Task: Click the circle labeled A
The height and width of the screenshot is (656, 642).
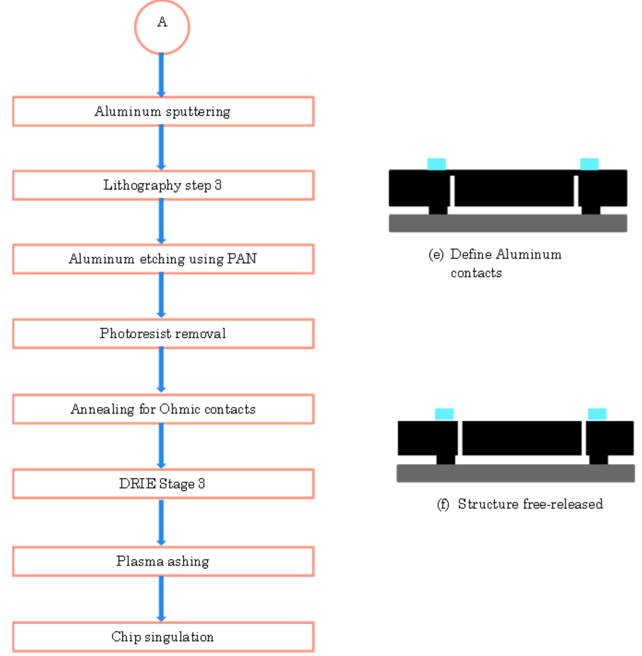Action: coord(162,27)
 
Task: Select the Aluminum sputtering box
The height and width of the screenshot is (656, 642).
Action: coord(163,111)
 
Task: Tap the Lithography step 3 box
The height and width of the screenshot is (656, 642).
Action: coord(163,185)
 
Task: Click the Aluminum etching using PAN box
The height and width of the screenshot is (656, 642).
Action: coord(163,259)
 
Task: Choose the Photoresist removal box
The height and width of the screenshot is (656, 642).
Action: coord(163,333)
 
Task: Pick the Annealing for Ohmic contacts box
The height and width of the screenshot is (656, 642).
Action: coord(163,409)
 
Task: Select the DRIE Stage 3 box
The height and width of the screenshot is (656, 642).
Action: coord(163,483)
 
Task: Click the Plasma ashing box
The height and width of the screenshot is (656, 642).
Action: coord(163,561)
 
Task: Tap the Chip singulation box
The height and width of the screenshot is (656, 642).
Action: coord(163,637)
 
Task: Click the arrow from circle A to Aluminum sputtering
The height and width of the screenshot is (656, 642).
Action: coord(161,75)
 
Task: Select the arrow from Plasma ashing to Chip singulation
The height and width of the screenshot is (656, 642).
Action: coord(161,599)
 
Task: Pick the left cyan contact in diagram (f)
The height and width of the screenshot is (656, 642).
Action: coord(444,414)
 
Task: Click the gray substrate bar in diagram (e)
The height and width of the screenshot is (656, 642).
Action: coord(508,223)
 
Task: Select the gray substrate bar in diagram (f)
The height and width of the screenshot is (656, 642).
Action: coord(515,473)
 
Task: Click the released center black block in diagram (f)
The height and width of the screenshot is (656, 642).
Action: coord(522,438)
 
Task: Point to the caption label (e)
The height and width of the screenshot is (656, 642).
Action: coord(436,255)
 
